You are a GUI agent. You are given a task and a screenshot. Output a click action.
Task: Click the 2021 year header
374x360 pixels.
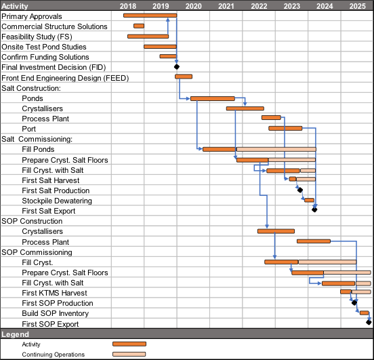pos(226,6)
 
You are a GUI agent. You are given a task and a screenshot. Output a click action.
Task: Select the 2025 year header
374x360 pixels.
pos(357,6)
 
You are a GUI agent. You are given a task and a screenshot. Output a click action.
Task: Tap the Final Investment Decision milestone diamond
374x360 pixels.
pos(177,67)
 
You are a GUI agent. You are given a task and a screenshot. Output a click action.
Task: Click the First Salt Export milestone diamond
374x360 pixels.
pos(314,209)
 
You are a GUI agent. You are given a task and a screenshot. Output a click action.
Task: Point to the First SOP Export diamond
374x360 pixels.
pos(369,322)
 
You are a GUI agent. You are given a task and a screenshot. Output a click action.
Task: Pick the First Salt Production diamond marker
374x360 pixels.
pos(300,190)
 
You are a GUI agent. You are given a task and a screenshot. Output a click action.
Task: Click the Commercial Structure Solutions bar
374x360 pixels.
pos(139,26)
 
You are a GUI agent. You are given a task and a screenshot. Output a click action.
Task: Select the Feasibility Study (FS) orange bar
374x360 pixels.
pos(148,37)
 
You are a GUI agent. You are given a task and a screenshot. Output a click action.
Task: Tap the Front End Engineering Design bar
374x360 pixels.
pos(184,77)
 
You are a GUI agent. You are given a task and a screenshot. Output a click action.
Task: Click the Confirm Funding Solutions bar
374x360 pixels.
pos(168,56)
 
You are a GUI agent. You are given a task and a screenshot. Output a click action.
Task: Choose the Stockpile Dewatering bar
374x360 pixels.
pos(310,200)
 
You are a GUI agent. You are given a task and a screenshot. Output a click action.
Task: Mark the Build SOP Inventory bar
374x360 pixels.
pos(365,313)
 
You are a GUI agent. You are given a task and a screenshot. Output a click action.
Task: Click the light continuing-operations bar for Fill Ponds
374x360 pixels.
pos(276,149)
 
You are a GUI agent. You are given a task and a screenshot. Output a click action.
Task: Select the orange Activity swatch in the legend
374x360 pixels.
pos(129,344)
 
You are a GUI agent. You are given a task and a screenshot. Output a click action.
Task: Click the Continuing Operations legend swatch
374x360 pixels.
pos(129,355)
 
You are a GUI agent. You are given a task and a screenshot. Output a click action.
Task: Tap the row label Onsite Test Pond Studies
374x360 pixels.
pos(44,47)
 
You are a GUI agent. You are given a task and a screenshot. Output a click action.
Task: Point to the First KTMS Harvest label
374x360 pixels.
pos(54,293)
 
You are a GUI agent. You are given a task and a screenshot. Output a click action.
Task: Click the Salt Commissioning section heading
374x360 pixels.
pos(37,139)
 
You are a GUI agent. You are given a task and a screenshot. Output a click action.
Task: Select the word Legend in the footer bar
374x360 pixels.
pos(15,334)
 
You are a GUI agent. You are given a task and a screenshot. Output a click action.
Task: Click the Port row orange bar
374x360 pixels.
pos(285,128)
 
